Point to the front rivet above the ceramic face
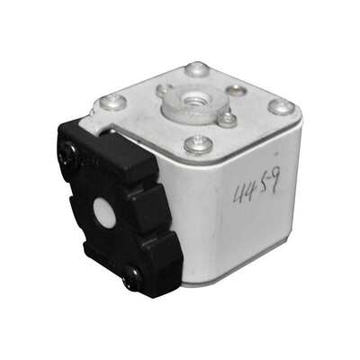click(x=193, y=142)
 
